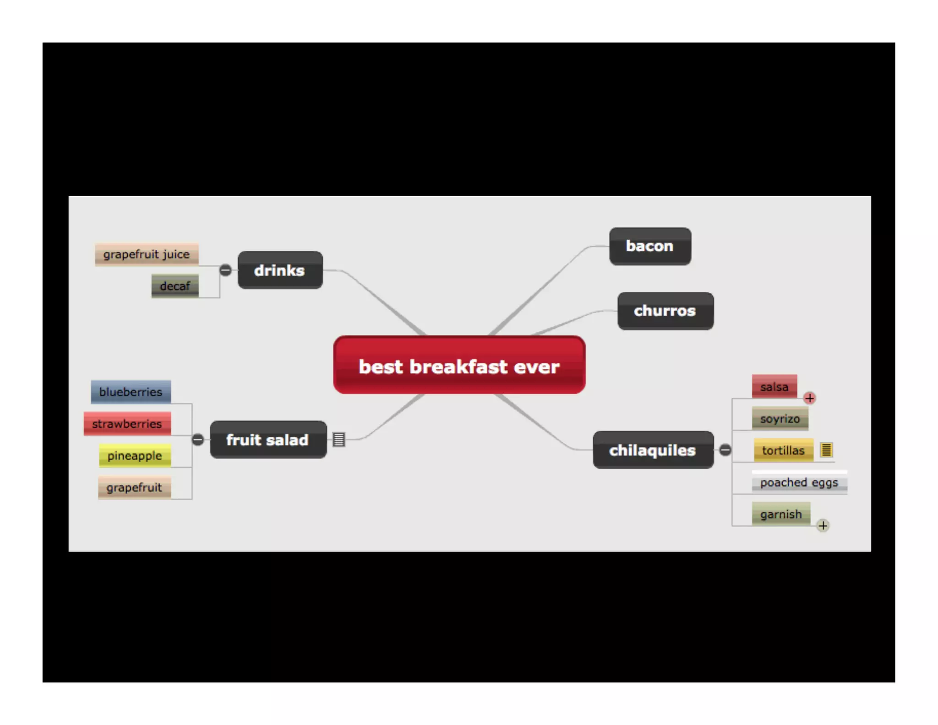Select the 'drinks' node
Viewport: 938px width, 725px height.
pyautogui.click(x=280, y=270)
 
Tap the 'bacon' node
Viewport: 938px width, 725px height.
pyautogui.click(x=649, y=246)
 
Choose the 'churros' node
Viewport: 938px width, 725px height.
pyautogui.click(x=665, y=311)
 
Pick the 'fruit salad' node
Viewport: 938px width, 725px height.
pyautogui.click(x=268, y=439)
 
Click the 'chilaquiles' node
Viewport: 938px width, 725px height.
pyautogui.click(x=653, y=450)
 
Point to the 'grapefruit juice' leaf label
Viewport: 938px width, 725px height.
pyautogui.click(x=147, y=254)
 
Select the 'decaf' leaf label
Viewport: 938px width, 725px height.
pyautogui.click(x=175, y=286)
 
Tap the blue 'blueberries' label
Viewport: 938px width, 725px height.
pyautogui.click(x=131, y=392)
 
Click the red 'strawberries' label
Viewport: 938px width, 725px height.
pyautogui.click(x=127, y=424)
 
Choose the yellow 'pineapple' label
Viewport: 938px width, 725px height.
pyautogui.click(x=135, y=456)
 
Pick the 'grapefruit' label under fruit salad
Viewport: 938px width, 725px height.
pyautogui.click(x=134, y=487)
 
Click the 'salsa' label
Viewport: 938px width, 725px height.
pyautogui.click(x=774, y=387)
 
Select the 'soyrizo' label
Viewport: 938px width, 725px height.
pyautogui.click(x=780, y=418)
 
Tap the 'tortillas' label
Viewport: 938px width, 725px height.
pyautogui.click(x=783, y=450)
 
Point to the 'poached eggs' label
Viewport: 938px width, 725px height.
pyautogui.click(x=799, y=482)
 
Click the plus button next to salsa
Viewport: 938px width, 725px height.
pyautogui.click(x=809, y=398)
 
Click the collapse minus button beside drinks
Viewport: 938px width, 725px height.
pyautogui.click(x=225, y=270)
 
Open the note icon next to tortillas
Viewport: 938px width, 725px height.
pyautogui.click(x=826, y=450)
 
